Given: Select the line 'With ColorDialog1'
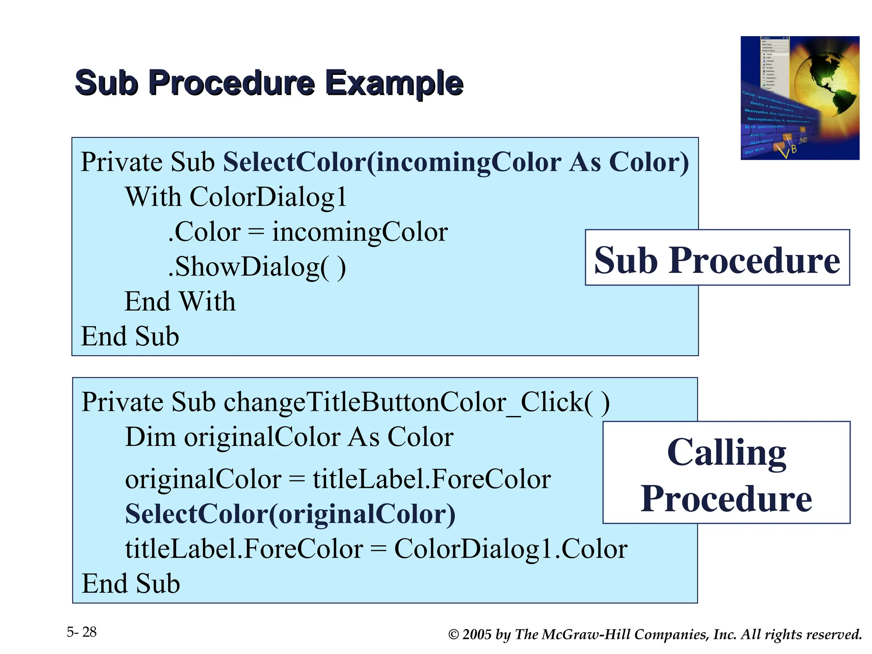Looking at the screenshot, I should pos(235,197).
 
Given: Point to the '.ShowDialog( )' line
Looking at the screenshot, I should pos(257,267).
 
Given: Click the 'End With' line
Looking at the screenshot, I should pos(180,301).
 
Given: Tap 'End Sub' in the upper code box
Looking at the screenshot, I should pos(130,336).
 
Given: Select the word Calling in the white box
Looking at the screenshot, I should pos(726,452).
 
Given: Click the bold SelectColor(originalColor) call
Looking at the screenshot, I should pos(290,514).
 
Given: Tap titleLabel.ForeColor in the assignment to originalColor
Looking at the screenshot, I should pos(432,479).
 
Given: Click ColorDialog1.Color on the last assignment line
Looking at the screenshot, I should pos(511,549).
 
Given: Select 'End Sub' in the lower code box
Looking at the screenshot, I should pos(130,583).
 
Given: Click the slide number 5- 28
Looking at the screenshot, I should pos(82,632).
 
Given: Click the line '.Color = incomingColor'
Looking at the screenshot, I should pos(307,232).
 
